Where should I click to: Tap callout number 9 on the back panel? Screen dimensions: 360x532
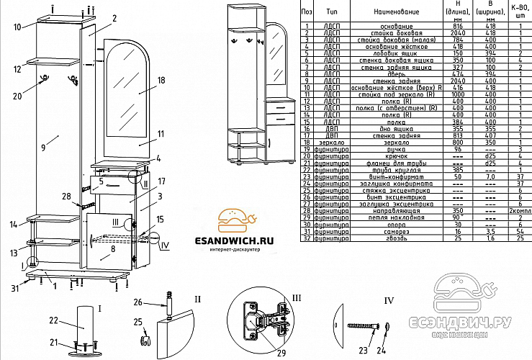pyautogui.click(x=44, y=147)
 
